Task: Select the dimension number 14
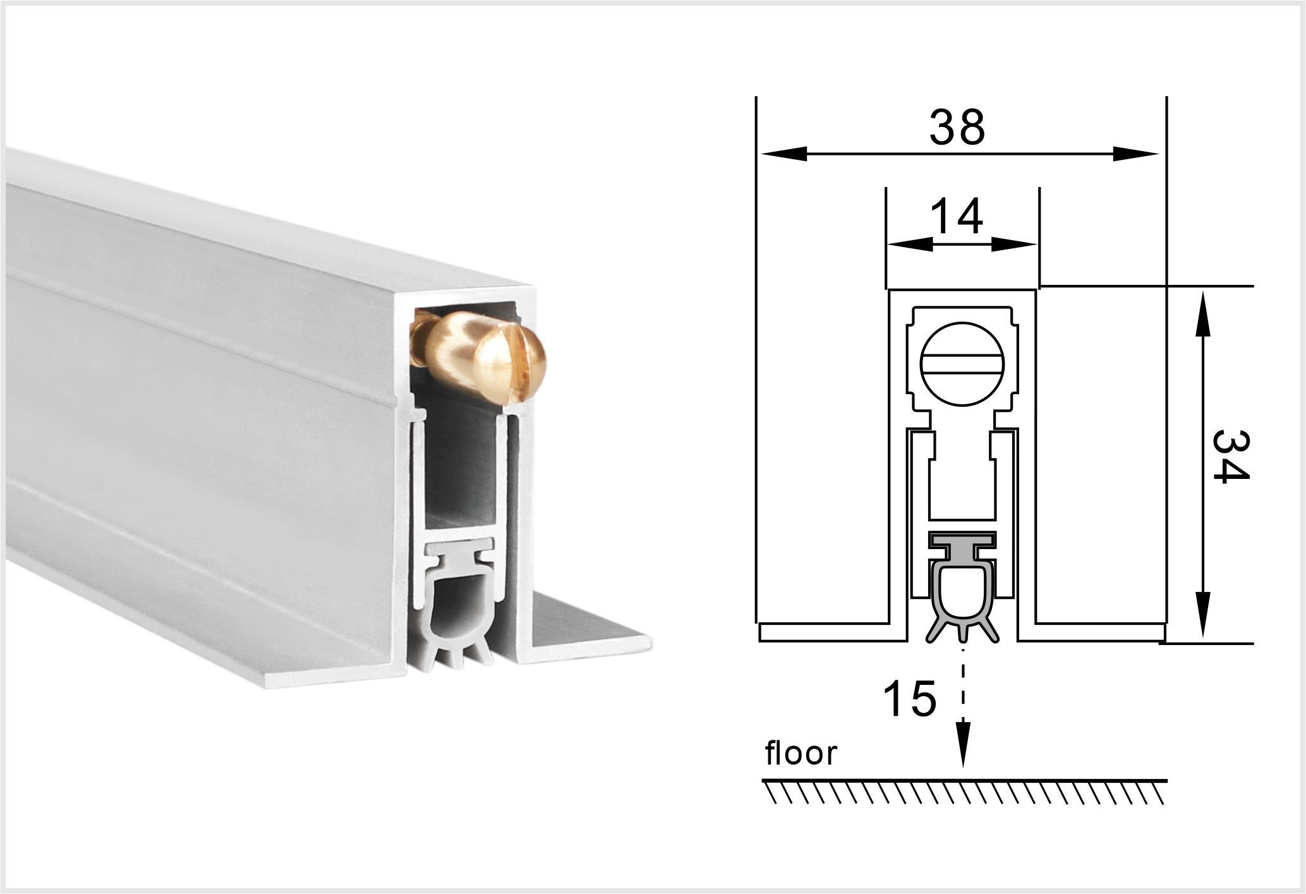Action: coord(957,217)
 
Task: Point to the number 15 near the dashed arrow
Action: coord(910,699)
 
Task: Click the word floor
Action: coord(801,753)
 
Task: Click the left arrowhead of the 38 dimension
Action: coord(784,154)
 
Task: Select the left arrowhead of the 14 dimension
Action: coord(910,244)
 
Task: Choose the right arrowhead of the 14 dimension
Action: coord(1014,244)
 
